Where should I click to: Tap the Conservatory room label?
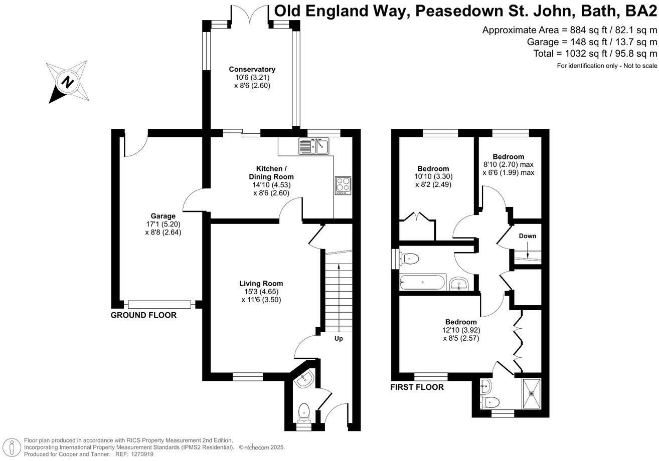[252, 69]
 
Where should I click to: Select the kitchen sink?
[313, 146]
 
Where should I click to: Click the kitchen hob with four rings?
[343, 185]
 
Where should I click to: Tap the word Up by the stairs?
[339, 339]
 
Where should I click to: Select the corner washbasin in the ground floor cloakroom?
[304, 382]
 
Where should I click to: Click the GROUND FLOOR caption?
[143, 316]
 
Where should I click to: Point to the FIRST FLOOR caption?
[417, 387]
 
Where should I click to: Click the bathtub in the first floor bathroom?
[423, 283]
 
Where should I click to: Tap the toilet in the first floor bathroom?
[409, 259]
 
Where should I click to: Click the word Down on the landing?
[527, 236]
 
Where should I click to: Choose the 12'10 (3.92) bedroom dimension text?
[460, 330]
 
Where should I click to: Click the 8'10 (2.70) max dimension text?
[508, 164]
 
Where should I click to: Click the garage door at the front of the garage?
[159, 304]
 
